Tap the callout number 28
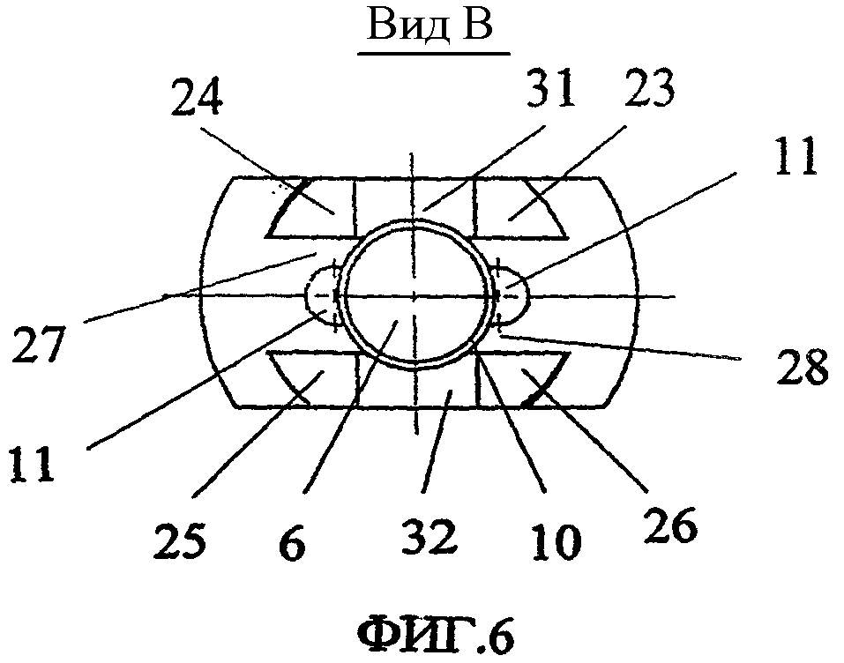pyautogui.click(x=802, y=366)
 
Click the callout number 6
pyautogui.click(x=295, y=540)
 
